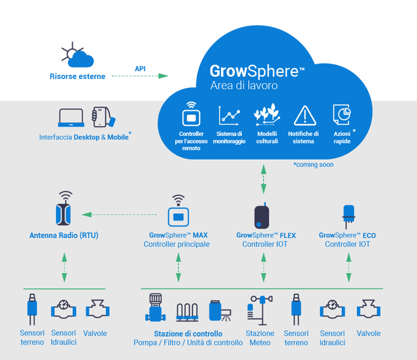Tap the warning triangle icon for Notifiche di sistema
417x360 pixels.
[x=304, y=115]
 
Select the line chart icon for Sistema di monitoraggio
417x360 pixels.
[x=229, y=115]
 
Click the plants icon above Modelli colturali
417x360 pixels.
[x=266, y=115]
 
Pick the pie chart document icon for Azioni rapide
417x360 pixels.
[x=341, y=115]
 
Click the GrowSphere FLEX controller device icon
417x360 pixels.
[x=264, y=215]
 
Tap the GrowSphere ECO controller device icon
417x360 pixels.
[x=349, y=215]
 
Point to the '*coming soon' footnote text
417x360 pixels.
[x=314, y=165]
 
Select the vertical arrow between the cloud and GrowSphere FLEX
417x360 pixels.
[x=264, y=177]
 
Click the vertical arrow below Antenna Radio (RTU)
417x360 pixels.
[x=64, y=267]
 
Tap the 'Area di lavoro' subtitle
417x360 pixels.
[x=244, y=86]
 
